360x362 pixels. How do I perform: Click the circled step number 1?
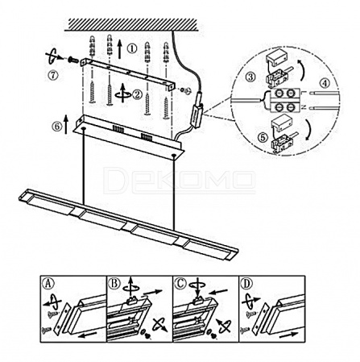pyautogui.click(x=131, y=49)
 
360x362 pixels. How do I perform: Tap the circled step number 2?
pyautogui.click(x=137, y=94)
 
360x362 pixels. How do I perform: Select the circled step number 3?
pyautogui.click(x=250, y=77)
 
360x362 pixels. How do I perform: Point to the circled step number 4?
pyautogui.click(x=325, y=83)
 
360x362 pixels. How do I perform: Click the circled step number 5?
pyautogui.click(x=263, y=138)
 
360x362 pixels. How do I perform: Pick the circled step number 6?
pyautogui.click(x=57, y=127)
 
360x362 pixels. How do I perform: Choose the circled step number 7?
pyautogui.click(x=53, y=75)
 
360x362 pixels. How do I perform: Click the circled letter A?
pyautogui.click(x=48, y=283)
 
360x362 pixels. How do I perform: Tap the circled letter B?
pyautogui.click(x=114, y=283)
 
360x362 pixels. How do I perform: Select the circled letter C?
pyautogui.click(x=180, y=283)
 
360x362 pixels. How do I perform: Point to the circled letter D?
pyautogui.click(x=246, y=283)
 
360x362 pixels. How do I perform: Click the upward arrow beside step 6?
pyautogui.click(x=66, y=124)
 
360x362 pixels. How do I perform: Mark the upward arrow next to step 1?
pyautogui.click(x=120, y=49)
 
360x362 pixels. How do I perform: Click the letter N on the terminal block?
pyautogui.click(x=304, y=107)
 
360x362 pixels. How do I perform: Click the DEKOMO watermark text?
pyautogui.click(x=179, y=180)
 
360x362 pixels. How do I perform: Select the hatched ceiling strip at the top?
pyautogui.click(x=133, y=25)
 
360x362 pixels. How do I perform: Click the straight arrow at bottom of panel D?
pyautogui.click(x=289, y=335)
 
